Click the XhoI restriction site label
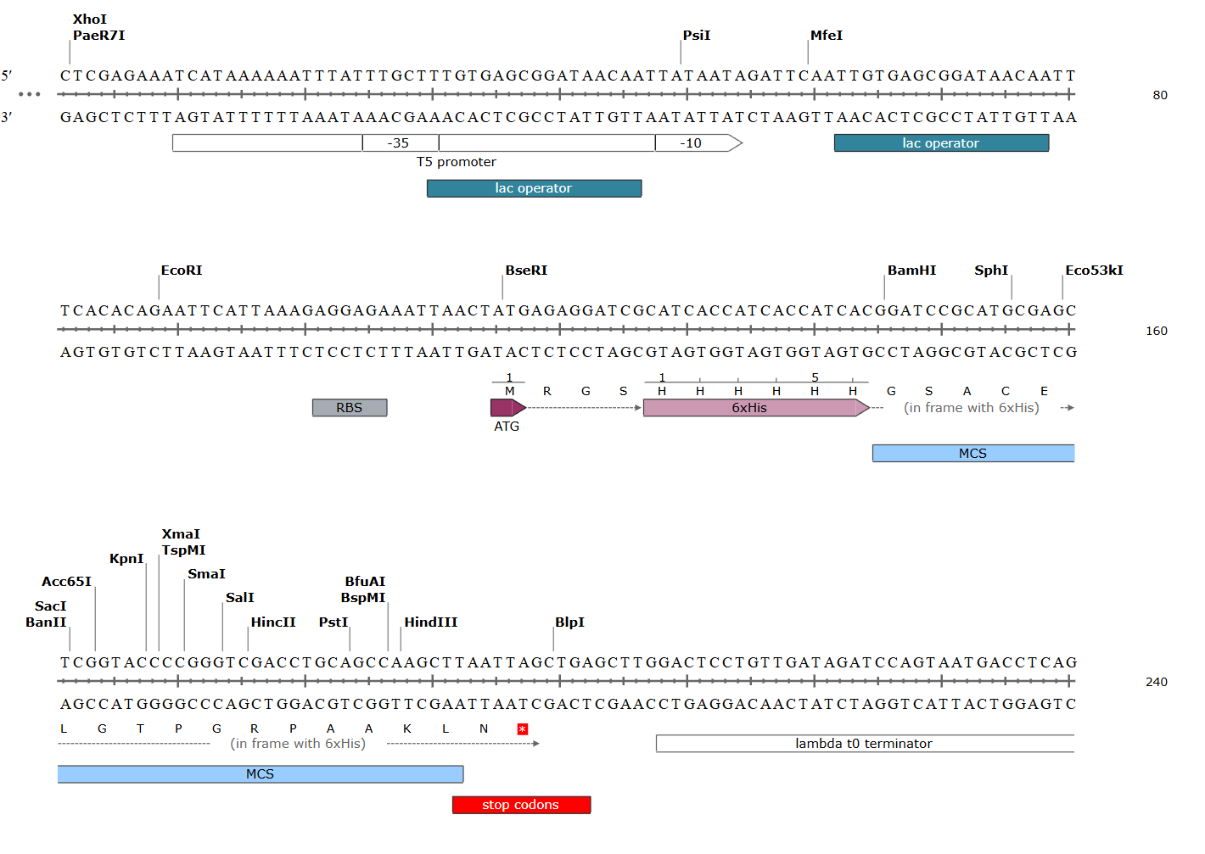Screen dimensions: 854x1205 click(x=90, y=20)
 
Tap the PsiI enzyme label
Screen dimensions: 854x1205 click(x=696, y=36)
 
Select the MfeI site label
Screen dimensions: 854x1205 click(x=826, y=36)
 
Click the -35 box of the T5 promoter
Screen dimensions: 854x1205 click(x=399, y=143)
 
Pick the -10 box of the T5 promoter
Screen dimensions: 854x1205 click(x=691, y=143)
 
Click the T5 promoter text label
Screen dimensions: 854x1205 click(x=456, y=162)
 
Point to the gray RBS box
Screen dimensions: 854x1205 click(x=349, y=408)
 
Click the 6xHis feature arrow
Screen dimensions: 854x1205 click(x=751, y=408)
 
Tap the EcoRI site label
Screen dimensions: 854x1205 click(x=182, y=271)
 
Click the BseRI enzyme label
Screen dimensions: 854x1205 click(x=526, y=271)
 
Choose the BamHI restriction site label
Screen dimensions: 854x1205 click(x=911, y=271)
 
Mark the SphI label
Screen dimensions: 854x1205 click(x=991, y=271)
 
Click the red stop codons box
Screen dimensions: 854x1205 click(x=521, y=805)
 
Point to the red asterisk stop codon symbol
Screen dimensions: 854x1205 click(x=523, y=729)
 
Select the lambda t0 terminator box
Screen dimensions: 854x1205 click(x=864, y=744)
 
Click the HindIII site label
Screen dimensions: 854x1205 click(x=430, y=622)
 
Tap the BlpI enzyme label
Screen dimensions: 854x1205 click(x=569, y=622)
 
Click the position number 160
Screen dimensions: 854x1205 click(x=1156, y=331)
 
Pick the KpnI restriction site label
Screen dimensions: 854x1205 click(x=126, y=559)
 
